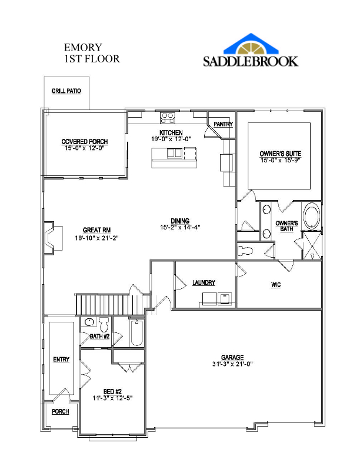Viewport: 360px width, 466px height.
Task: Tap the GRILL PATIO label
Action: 66,91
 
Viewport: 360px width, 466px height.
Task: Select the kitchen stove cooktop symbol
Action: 168,118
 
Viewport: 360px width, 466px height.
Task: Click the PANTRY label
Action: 224,124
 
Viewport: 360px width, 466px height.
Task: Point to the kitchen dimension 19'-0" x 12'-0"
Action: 171,139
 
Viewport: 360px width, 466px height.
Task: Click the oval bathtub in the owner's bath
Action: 311,216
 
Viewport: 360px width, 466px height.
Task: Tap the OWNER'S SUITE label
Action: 281,154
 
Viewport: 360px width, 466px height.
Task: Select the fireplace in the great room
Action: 53,238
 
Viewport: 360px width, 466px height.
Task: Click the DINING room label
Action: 180,221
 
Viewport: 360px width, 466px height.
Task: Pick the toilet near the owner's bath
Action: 245,251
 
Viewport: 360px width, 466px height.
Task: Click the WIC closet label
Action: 276,285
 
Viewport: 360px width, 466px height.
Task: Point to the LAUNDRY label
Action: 204,282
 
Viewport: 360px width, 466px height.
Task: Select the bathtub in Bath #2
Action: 137,333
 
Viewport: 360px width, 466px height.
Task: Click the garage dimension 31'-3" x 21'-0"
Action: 232,364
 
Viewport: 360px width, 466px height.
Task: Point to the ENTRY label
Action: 61,360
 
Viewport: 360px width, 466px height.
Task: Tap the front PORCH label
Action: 61,411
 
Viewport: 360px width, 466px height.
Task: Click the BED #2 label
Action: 112,391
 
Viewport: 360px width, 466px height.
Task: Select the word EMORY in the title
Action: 83,48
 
